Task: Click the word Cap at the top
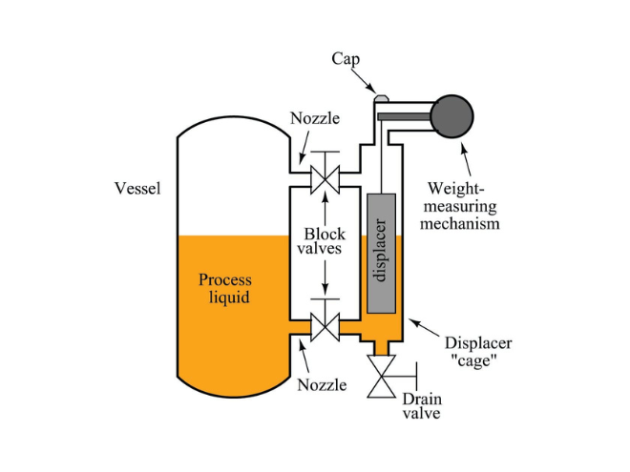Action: [346, 59]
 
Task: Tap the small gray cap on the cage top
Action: [382, 97]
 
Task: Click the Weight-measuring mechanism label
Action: [464, 205]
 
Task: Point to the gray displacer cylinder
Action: [381, 252]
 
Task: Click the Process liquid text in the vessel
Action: [225, 289]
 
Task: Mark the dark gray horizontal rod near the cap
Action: [405, 116]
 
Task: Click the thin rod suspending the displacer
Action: [381, 157]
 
